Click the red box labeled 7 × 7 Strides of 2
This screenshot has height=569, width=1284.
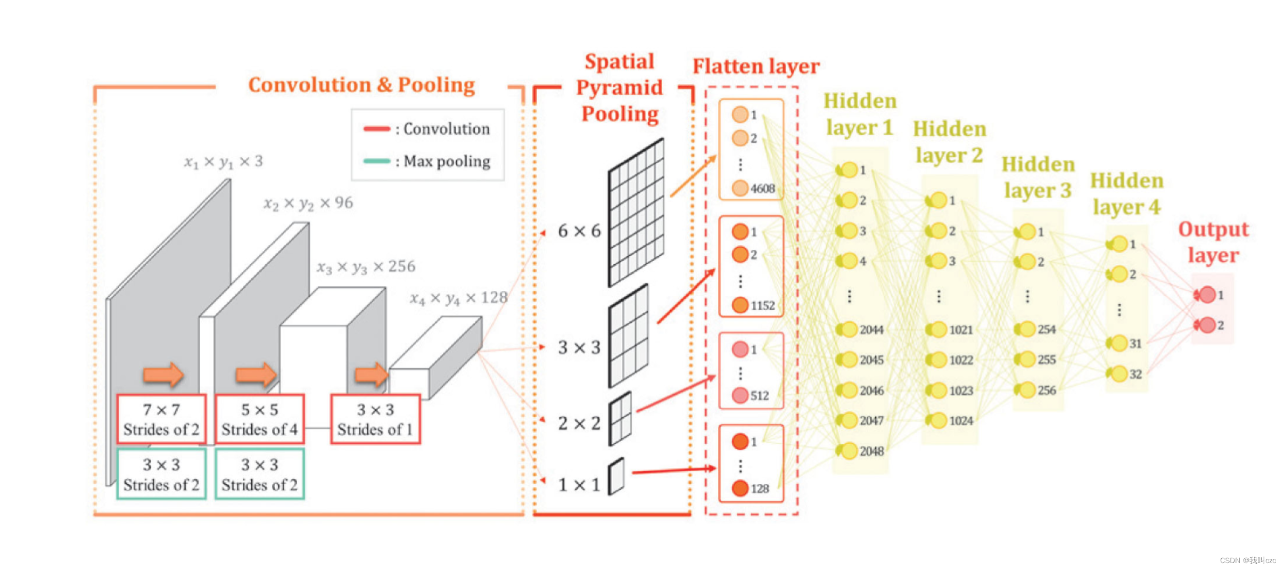[x=161, y=419]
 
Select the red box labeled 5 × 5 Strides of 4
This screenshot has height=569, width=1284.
[x=260, y=419]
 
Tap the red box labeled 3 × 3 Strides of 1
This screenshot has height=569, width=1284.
[x=375, y=419]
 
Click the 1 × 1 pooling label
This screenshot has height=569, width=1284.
[x=579, y=484]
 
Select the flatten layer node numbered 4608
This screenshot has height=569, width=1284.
[x=740, y=188]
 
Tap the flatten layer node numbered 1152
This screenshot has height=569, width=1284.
[x=740, y=305]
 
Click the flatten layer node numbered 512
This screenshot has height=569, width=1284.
[x=740, y=395]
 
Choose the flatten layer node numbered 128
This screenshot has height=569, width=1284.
[x=740, y=488]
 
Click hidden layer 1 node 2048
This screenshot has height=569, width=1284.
[x=849, y=451]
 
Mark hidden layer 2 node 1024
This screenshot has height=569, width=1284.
[x=939, y=420]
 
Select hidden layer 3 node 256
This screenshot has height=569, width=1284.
[x=1027, y=390]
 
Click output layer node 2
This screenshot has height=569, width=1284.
[x=1207, y=324]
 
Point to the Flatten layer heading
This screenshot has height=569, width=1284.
[x=756, y=67]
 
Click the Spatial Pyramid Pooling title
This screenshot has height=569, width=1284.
[x=620, y=88]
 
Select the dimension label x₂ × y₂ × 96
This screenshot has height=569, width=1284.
[x=308, y=203]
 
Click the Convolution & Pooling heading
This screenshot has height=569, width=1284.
[x=361, y=85]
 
